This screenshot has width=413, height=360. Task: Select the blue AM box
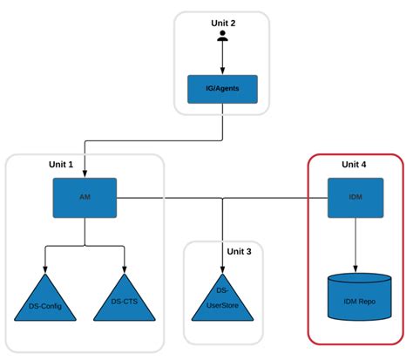pos(85,199)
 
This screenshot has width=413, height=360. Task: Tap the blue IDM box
pos(355,199)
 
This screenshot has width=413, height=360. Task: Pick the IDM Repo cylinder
pos(355,298)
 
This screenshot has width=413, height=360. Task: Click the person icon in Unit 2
pos(223,37)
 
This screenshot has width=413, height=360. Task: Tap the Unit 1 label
pos(61,165)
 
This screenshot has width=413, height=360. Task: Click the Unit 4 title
pos(355,164)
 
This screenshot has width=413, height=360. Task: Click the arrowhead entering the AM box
pos(85,174)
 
